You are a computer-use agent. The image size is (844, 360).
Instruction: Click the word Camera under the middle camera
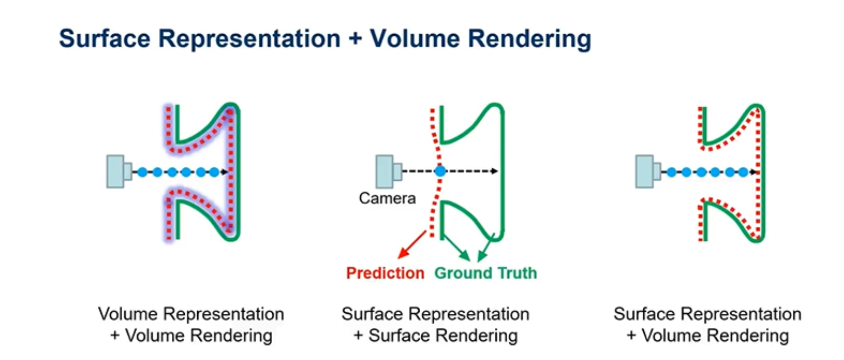coord(387,198)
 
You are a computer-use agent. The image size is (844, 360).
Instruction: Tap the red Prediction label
coord(385,273)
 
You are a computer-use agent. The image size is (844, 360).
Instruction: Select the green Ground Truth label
coord(486,273)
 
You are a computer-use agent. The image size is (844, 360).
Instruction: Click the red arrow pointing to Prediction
coord(412,245)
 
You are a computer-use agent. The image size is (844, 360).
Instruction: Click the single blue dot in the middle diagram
coord(440,171)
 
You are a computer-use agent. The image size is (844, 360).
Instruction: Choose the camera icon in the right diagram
coord(648,171)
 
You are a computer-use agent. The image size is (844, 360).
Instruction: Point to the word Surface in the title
coord(104,38)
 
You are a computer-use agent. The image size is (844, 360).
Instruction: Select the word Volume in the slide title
coord(414,38)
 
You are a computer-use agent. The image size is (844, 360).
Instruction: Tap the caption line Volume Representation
coord(191,314)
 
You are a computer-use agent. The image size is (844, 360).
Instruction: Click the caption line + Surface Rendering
coord(436,336)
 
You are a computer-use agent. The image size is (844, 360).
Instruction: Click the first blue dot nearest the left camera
coord(143,172)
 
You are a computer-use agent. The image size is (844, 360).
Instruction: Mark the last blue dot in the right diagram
coord(743,172)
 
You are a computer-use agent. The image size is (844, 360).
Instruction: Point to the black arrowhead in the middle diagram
coord(494,171)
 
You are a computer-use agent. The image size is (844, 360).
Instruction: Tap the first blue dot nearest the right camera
coord(672,172)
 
